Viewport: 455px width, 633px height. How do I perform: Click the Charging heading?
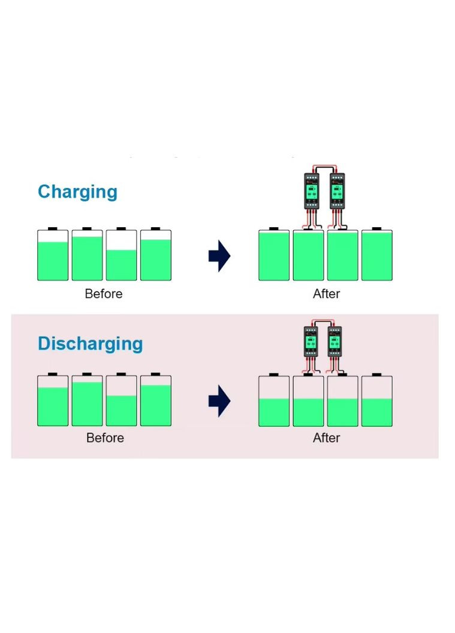coord(77,192)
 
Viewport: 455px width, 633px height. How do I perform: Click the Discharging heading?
coord(90,344)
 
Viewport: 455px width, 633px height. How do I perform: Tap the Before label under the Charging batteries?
coord(104,294)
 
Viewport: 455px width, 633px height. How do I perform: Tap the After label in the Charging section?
coord(326,294)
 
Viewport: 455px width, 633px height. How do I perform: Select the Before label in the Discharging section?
coord(105,438)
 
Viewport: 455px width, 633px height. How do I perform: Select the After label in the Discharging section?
coord(326,438)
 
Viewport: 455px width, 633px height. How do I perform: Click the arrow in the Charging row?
coord(219,256)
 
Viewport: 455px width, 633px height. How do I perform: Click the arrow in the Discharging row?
coord(219,402)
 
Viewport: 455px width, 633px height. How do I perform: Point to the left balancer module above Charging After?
coord(312,191)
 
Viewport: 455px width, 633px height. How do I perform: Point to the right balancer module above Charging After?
coord(338,191)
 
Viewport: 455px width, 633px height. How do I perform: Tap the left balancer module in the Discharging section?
coord(311,342)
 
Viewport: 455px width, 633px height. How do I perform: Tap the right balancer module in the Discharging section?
coord(335,342)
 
